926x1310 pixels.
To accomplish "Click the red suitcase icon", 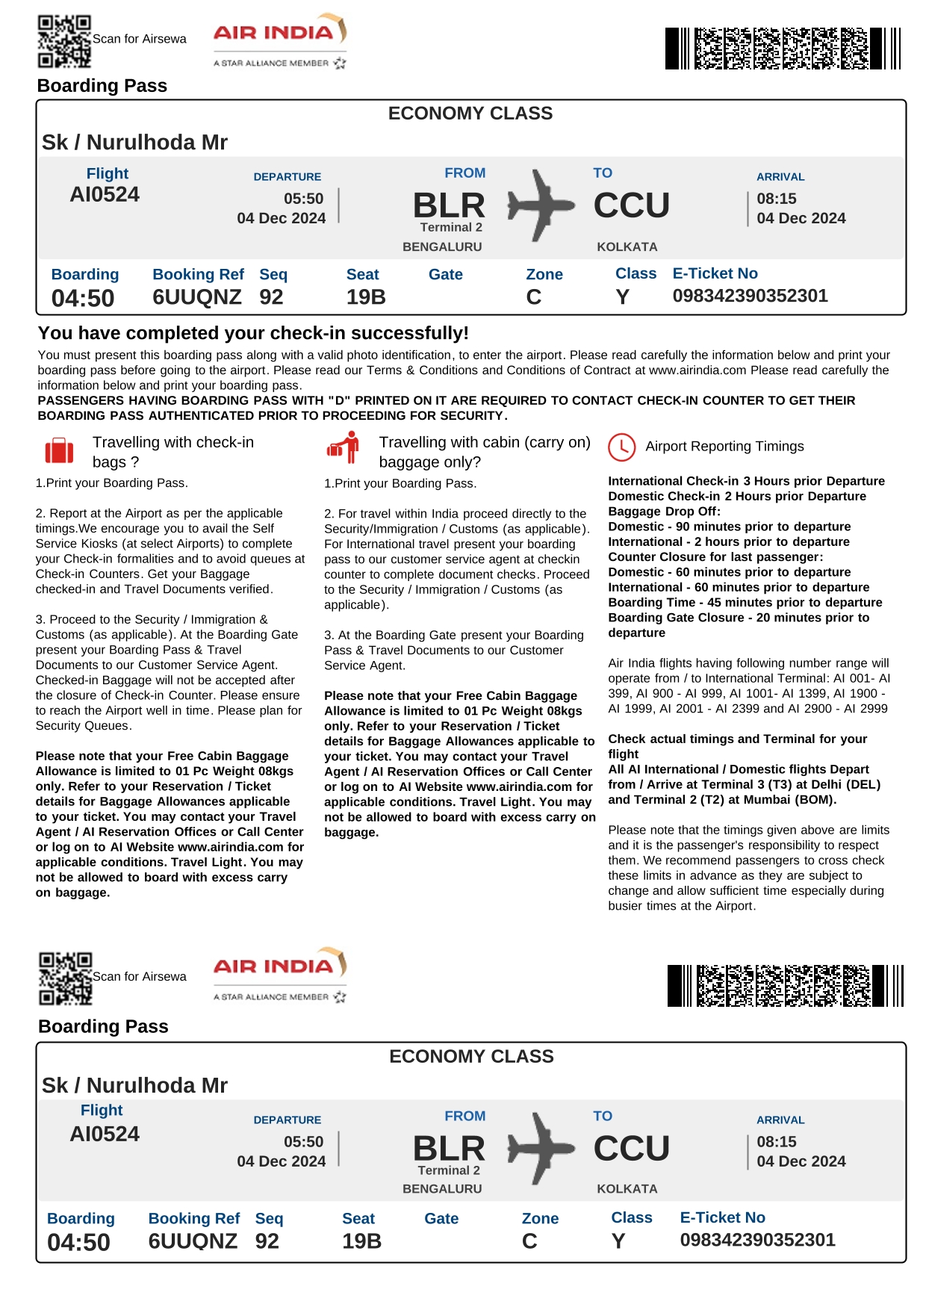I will [x=59, y=451].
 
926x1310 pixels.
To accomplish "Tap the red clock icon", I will [x=621, y=447].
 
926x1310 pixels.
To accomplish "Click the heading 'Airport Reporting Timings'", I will [x=724, y=447].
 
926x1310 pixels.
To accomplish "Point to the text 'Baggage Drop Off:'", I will [x=664, y=512].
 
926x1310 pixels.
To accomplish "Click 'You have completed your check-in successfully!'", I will [x=253, y=333].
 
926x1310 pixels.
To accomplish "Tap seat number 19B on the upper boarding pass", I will [x=366, y=297].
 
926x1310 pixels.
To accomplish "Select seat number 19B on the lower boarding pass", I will [x=361, y=1241].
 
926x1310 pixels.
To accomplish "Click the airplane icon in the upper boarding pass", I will [x=541, y=205].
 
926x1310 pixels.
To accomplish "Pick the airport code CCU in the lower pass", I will [x=632, y=1149].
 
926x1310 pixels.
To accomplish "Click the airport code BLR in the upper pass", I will [x=449, y=205].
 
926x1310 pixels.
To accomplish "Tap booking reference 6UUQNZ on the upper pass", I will [x=197, y=297].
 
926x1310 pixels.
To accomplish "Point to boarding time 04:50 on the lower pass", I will [x=78, y=1243].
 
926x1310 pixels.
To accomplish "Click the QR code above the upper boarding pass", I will [x=64, y=41].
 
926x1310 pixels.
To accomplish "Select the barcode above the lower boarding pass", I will [x=785, y=986].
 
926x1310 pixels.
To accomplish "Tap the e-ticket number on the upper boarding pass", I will [x=750, y=296].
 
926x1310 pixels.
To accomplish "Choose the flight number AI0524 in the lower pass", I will [x=105, y=1134].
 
